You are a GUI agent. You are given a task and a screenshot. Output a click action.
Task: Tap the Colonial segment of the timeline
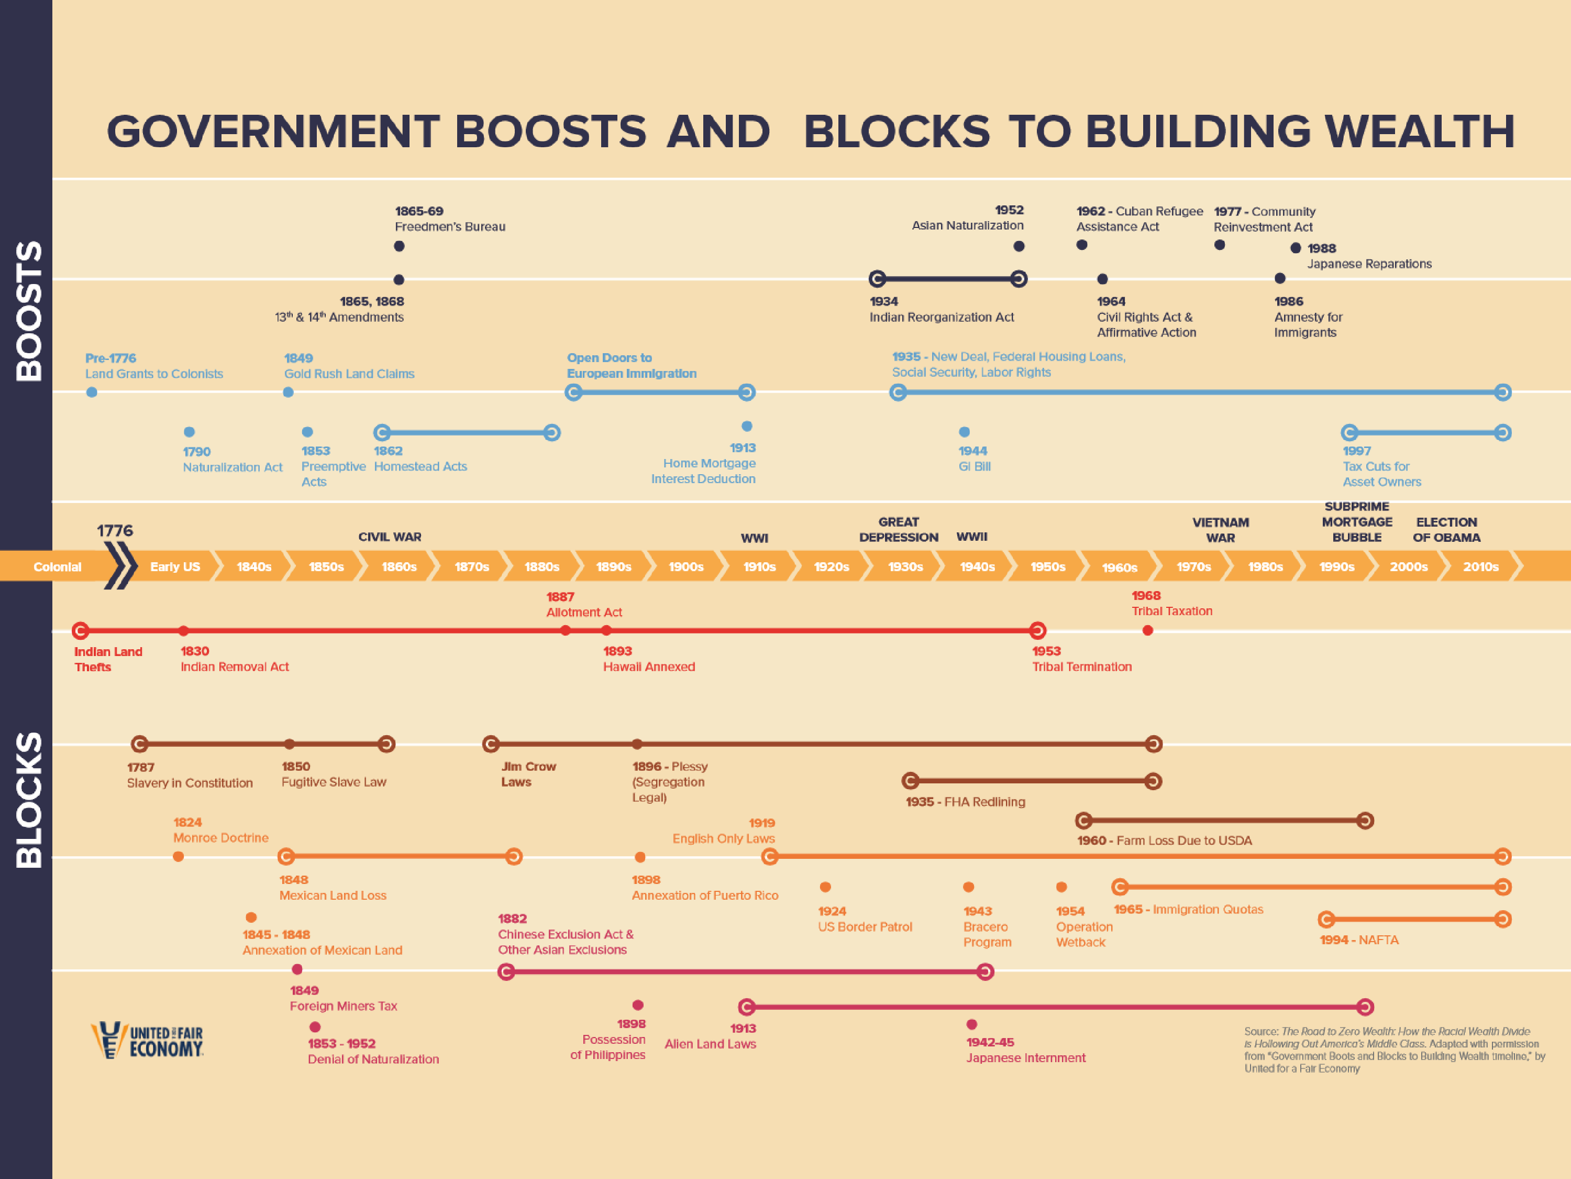57,566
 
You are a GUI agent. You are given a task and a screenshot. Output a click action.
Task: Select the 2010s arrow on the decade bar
1480,566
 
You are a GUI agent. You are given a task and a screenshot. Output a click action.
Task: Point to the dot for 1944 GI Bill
964,432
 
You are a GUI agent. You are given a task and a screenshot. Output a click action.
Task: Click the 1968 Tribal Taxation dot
1147,630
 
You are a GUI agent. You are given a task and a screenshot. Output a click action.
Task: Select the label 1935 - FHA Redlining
965,802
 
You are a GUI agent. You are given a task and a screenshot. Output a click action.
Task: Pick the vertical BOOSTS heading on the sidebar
28,311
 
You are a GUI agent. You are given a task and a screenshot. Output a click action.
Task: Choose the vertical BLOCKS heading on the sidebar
28,800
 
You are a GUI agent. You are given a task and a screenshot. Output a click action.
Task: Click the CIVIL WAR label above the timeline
389,537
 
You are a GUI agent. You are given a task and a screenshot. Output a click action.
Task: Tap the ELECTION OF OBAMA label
1446,529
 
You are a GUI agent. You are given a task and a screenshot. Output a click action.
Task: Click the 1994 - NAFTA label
1358,940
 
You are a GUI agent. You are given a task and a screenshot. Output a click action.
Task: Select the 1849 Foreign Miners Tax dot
297,969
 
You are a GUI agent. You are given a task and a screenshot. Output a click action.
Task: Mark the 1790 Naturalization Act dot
189,432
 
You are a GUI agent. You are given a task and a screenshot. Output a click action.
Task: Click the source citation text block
1393,1050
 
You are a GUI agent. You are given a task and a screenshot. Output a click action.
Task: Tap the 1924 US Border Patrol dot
825,887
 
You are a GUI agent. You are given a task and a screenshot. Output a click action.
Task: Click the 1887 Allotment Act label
584,604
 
